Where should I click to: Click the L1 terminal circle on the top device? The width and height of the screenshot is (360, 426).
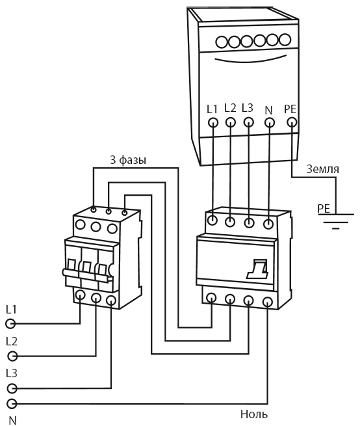coord(213,122)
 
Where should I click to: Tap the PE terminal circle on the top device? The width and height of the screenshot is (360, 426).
coord(292,122)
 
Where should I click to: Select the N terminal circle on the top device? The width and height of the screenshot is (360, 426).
coord(269,122)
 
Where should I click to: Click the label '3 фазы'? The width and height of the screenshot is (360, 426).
coord(128,160)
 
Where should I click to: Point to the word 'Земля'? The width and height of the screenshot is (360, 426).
coord(323,169)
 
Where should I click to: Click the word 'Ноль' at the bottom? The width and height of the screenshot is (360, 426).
coord(254,414)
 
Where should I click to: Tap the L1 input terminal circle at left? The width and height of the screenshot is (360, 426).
coord(10,324)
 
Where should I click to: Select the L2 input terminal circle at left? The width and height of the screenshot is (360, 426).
coord(12,356)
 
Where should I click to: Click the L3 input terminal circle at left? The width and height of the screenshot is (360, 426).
coord(12,388)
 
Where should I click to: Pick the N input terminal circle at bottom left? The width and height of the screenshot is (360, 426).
coord(12,404)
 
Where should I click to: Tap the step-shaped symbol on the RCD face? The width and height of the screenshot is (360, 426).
coord(257,269)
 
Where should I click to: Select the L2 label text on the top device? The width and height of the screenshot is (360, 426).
coord(231,108)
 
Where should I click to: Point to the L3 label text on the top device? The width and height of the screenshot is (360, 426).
coord(248,108)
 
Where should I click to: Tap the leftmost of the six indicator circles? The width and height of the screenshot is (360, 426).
coord(222,43)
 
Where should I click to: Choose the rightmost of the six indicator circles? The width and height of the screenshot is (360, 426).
coord(285,40)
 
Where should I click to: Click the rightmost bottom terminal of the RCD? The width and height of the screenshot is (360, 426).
coord(268,302)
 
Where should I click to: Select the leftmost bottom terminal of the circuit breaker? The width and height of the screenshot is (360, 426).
coord(81,295)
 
